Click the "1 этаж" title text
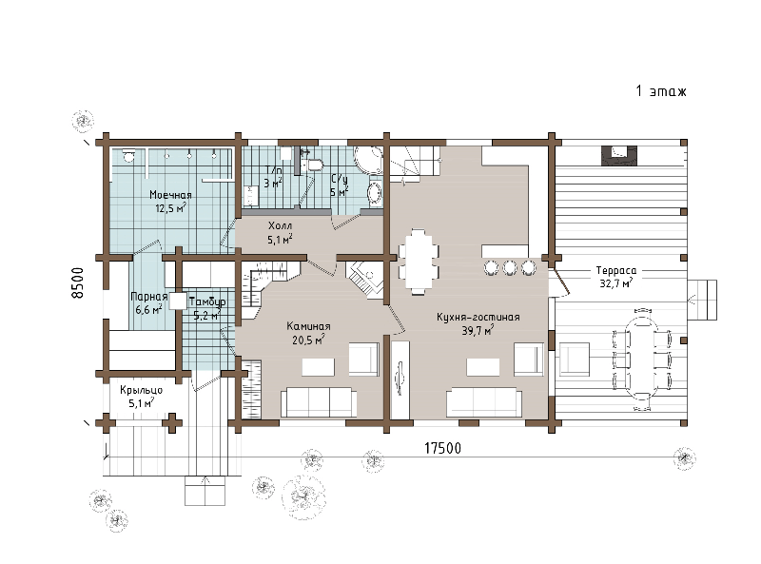point(661,90)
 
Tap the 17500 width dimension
point(442,448)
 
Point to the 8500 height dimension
point(78,282)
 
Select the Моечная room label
point(170,195)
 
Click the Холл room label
point(280,225)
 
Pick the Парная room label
point(149,297)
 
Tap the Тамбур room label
point(207,301)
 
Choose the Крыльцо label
point(141,390)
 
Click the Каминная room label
point(308,326)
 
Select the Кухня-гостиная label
point(478,317)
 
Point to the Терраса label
point(615,270)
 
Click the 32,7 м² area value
point(615,283)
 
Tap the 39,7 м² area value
point(478,331)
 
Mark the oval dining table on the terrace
point(642,360)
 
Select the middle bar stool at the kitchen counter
point(509,268)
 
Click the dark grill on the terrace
point(619,155)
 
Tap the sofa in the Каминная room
point(319,402)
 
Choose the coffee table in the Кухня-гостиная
point(483,367)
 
